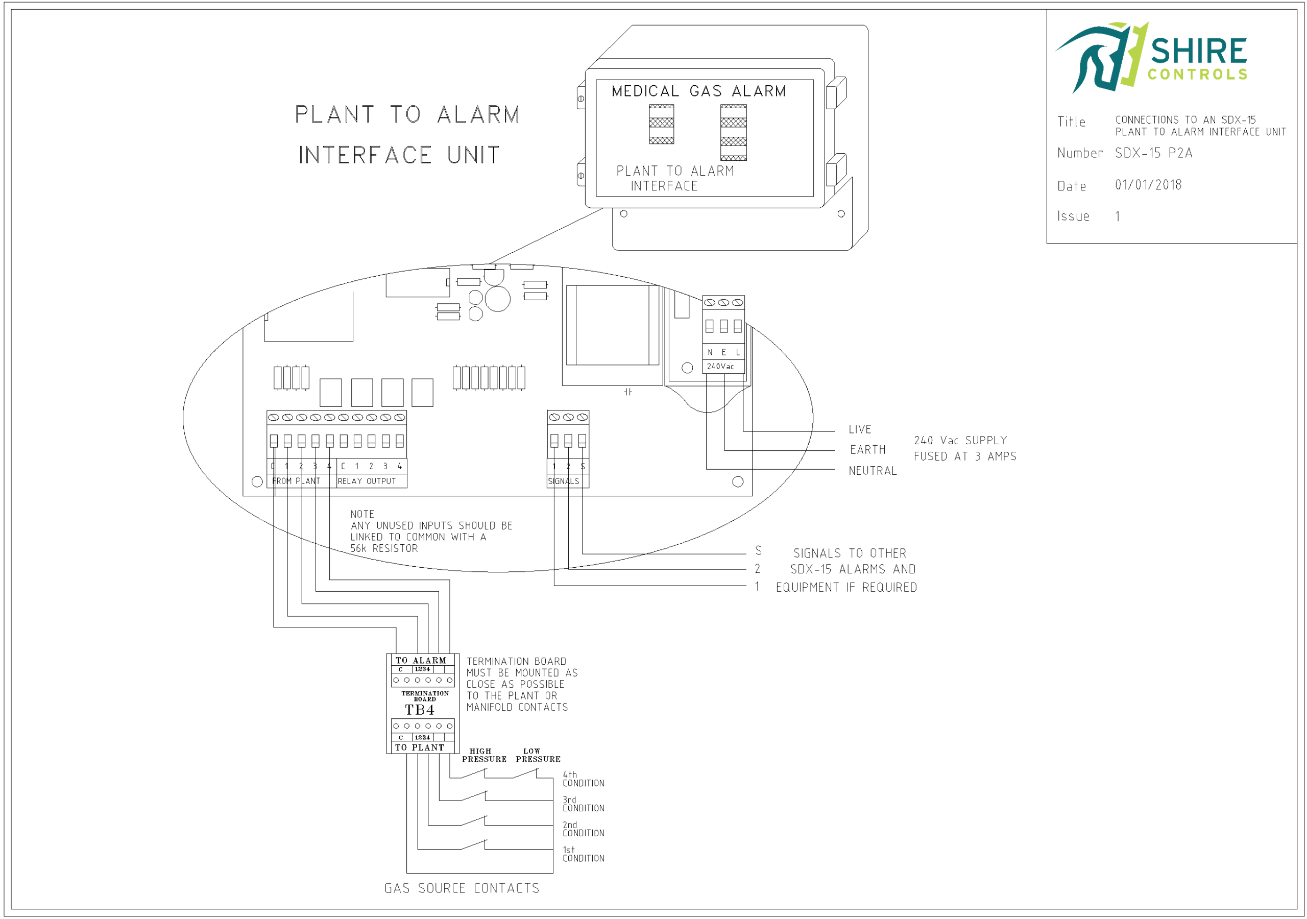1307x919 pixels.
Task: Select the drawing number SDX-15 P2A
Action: click(1153, 153)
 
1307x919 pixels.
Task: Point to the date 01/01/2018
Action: click(1148, 185)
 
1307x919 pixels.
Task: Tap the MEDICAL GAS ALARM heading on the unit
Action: click(698, 91)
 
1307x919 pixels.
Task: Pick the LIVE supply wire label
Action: click(860, 429)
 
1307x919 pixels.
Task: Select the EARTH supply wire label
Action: click(867, 450)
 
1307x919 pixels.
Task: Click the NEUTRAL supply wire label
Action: click(872, 471)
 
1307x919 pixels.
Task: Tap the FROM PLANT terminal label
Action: click(296, 481)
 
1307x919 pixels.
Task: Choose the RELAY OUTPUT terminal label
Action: click(367, 481)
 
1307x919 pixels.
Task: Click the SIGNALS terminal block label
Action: click(564, 481)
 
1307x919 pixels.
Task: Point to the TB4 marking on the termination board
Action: click(420, 710)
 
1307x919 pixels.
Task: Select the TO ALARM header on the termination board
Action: click(421, 661)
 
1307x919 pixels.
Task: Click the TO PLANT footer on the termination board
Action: click(420, 747)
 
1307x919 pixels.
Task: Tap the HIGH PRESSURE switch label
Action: click(484, 756)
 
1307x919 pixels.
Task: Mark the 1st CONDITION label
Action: click(583, 854)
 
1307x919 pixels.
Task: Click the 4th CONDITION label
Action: click(583, 779)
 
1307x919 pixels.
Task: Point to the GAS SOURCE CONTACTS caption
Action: click(462, 888)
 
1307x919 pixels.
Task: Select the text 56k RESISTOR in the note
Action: click(384, 548)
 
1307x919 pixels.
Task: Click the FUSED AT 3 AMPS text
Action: click(965, 456)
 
